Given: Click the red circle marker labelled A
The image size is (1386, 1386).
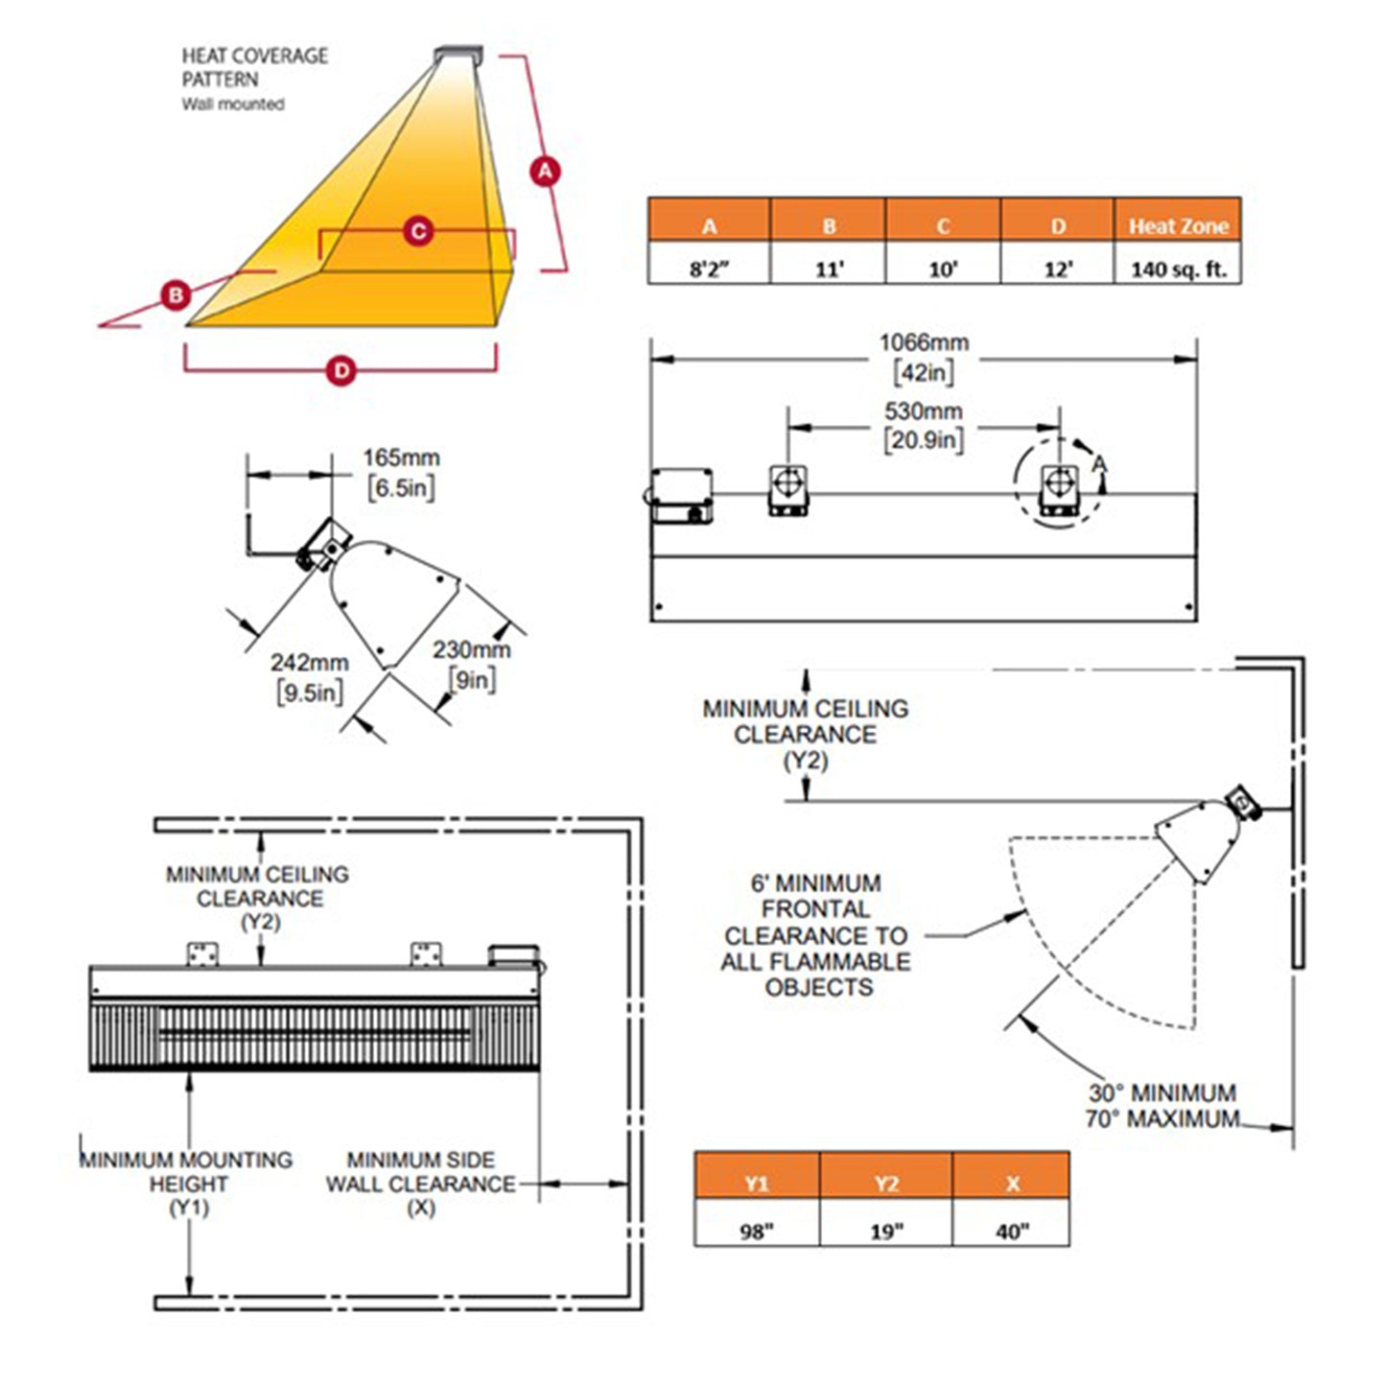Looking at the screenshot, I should click(545, 171).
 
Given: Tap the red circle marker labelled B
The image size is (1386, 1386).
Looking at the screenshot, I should click(176, 294).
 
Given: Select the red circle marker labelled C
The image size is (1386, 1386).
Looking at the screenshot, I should click(417, 231).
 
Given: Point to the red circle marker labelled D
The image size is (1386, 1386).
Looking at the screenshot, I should click(341, 370).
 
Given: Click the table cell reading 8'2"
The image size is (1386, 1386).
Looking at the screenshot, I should click(709, 269).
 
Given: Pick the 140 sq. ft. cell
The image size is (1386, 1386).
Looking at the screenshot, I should click(1178, 269).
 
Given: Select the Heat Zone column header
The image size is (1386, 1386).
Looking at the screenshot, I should click(1178, 226).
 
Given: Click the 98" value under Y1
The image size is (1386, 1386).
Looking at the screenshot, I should click(756, 1230).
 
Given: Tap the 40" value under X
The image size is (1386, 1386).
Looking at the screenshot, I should click(1012, 1230).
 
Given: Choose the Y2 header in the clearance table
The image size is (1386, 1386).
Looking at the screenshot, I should click(886, 1184).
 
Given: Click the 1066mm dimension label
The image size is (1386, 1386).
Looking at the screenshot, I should click(924, 342).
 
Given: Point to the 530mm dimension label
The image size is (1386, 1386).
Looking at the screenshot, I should click(923, 411).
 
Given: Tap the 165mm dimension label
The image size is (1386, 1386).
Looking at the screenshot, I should click(401, 458).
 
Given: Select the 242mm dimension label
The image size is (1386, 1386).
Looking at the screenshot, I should click(309, 663).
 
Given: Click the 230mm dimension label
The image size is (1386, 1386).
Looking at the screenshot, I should click(471, 650).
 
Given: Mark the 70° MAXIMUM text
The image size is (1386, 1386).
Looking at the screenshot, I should click(1162, 1118).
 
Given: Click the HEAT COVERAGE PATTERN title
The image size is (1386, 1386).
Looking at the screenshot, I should click(254, 67).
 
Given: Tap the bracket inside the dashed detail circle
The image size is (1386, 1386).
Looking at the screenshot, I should click(1059, 487).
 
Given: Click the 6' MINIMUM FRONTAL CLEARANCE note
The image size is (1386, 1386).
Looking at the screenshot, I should click(816, 935).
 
